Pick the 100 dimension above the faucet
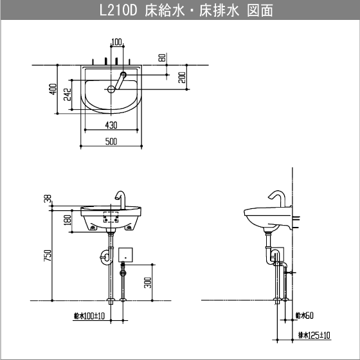coord(116,42)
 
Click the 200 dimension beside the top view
coord(182,78)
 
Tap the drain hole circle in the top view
coord(111,89)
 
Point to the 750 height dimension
coord(47,255)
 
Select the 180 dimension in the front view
coord(66,221)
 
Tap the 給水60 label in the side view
coord(304,316)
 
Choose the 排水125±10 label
coord(314,335)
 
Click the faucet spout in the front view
coord(120,195)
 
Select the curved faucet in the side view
coord(277,197)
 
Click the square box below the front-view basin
coord(125,255)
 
